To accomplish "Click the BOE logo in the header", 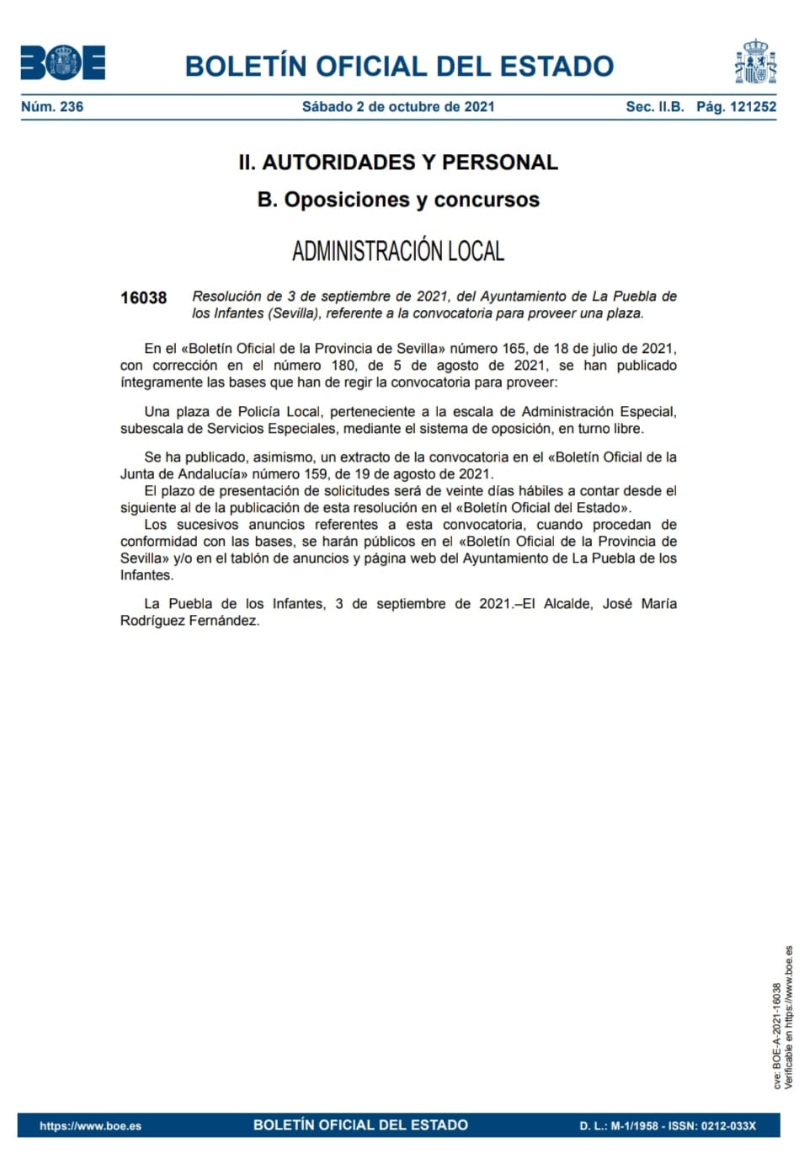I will click(x=63, y=63).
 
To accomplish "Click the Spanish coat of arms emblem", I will click(x=755, y=62).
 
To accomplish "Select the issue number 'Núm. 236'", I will click(x=52, y=107).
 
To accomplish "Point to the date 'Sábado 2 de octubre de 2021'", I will click(x=398, y=107).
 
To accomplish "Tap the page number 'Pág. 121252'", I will click(x=736, y=107).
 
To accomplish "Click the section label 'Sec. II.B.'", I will click(x=654, y=107).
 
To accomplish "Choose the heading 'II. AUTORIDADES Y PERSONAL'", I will click(x=398, y=163).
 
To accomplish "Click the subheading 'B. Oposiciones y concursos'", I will click(x=398, y=200).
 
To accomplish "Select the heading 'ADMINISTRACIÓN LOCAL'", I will click(x=398, y=251).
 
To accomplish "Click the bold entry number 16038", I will click(x=143, y=298).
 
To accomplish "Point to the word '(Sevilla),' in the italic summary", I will click(x=294, y=313).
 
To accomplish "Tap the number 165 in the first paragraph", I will click(x=514, y=349).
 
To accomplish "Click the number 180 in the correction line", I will click(x=344, y=366).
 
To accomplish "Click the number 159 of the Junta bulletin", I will click(x=316, y=474).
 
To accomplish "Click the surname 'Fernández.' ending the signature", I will click(x=225, y=621).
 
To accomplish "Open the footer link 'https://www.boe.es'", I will click(x=90, y=1126).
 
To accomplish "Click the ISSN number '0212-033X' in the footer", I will click(x=727, y=1126).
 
